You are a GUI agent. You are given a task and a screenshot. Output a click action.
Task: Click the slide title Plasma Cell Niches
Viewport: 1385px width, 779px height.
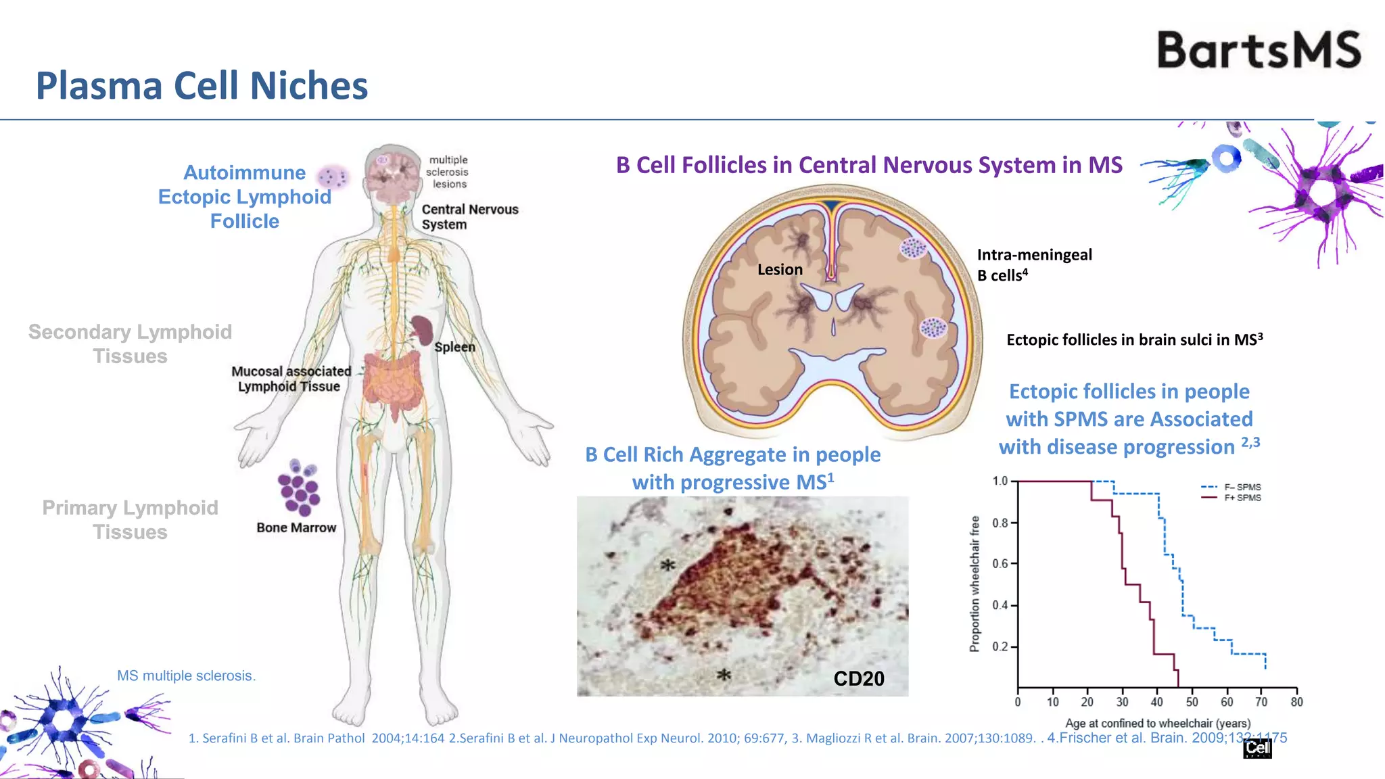202,86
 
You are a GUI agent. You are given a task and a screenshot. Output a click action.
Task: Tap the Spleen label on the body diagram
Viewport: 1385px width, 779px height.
454,347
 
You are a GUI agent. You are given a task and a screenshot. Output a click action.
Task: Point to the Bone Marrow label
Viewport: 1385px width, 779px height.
296,527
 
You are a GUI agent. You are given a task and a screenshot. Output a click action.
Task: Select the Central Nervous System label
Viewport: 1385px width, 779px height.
469,217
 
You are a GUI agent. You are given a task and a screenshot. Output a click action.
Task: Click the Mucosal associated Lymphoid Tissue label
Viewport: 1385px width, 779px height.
291,379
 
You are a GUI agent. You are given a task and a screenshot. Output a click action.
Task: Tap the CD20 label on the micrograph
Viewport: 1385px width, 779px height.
858,678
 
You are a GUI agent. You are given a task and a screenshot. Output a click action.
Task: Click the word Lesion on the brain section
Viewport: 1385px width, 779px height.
780,269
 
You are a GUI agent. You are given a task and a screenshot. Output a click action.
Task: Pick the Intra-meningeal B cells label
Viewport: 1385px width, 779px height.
1034,264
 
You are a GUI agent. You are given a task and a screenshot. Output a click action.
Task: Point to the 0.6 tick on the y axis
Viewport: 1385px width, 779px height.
1000,564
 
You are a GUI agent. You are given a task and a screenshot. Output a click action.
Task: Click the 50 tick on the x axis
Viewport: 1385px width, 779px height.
1192,702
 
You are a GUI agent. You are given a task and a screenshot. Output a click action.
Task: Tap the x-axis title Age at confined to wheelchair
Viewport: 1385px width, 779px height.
1158,723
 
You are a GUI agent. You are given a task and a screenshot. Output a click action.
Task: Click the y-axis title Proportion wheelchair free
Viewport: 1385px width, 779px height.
975,584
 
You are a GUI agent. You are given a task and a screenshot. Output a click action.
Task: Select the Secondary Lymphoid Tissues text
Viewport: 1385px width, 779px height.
130,344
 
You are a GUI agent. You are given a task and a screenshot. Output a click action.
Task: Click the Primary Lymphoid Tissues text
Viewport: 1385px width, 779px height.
130,519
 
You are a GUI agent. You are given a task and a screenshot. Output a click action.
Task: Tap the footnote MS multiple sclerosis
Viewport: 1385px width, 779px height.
186,676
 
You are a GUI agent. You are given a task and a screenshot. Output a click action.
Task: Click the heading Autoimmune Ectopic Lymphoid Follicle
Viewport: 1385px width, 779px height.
244,197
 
